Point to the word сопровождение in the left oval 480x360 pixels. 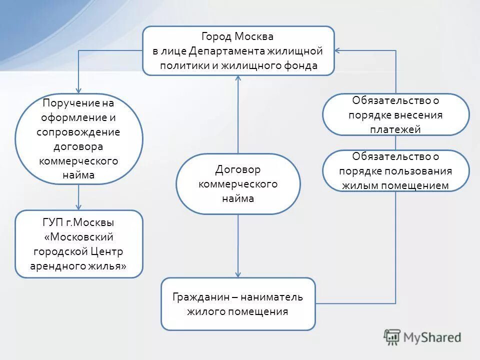[x=78, y=132]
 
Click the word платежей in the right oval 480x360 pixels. [x=395, y=129]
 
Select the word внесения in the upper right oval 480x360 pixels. [x=418, y=114]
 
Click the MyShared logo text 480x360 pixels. [x=432, y=337]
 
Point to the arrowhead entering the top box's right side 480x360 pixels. [x=338, y=50]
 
